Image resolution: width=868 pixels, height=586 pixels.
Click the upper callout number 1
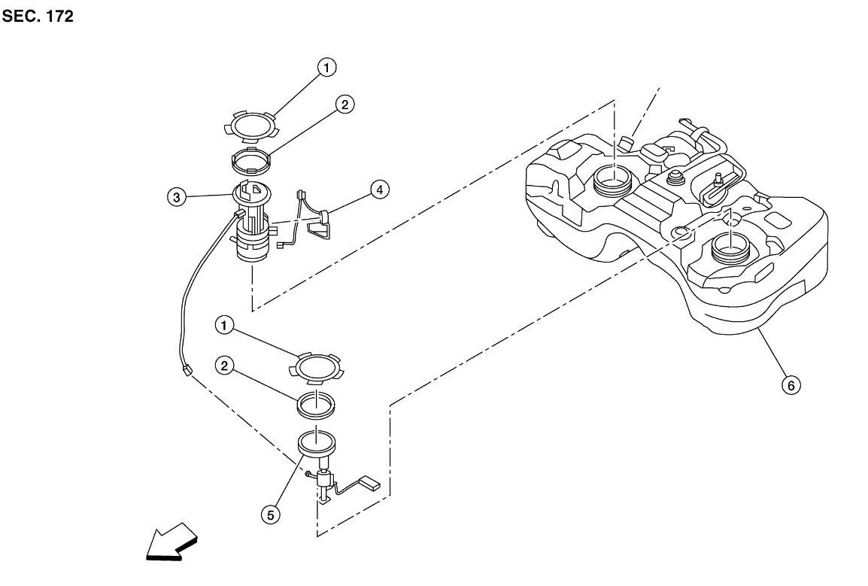(326, 68)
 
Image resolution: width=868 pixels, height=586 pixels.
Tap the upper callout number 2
(344, 105)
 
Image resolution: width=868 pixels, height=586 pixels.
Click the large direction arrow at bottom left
(170, 543)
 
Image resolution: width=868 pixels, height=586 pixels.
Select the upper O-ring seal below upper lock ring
(249, 161)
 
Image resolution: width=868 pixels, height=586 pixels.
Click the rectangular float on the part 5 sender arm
(375, 481)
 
